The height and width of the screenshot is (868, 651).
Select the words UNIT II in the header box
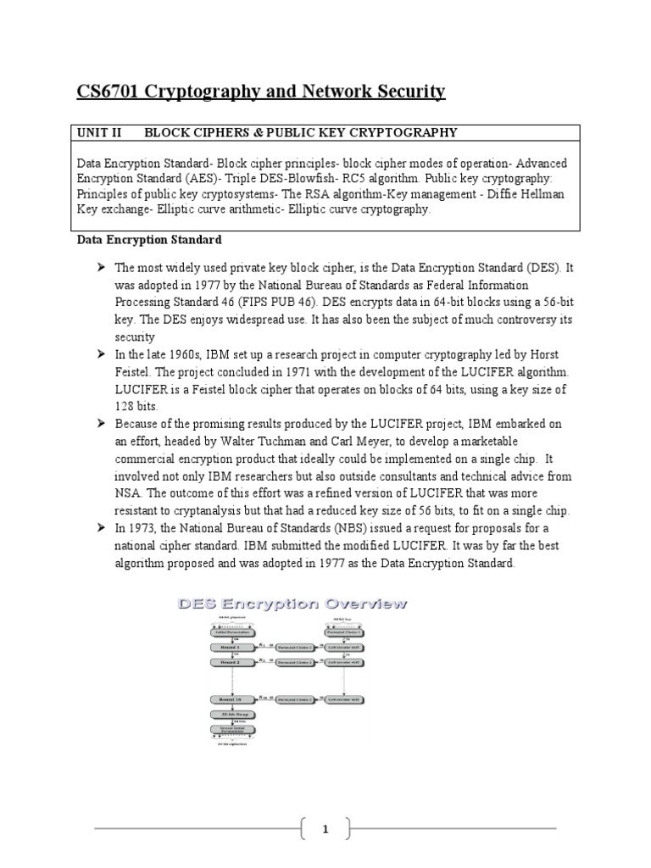tap(100, 132)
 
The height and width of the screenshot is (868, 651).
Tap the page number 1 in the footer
tap(325, 830)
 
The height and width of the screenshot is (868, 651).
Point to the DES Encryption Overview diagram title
tap(292, 604)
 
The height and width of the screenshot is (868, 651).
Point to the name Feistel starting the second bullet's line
tap(136, 373)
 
